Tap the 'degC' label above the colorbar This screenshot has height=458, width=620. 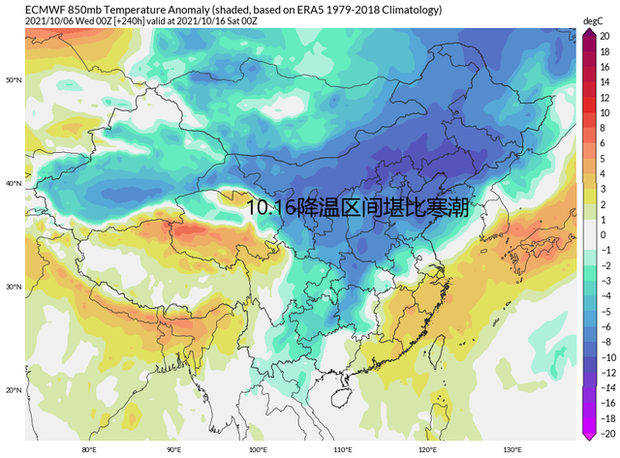pos(593,20)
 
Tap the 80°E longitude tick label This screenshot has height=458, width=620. pos(89,449)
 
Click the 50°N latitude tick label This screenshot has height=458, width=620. pos(14,79)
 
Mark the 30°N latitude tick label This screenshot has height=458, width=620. pos(14,287)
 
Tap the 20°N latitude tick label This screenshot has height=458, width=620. pos(14,389)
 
